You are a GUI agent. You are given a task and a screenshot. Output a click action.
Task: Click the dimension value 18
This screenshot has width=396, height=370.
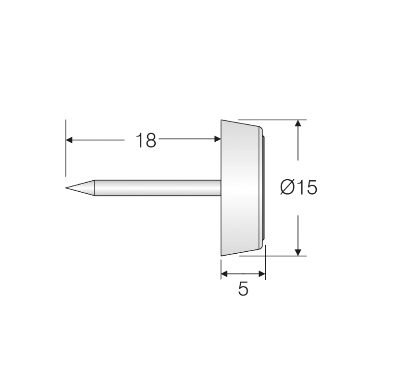click(146, 140)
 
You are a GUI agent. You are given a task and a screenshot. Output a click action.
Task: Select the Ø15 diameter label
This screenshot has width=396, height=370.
click(298, 187)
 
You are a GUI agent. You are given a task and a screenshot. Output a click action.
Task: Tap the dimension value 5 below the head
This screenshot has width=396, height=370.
click(243, 289)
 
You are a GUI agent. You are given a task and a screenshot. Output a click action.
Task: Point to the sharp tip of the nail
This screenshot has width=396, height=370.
click(67, 187)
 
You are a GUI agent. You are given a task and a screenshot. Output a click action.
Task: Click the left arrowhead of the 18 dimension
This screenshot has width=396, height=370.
click(69, 140)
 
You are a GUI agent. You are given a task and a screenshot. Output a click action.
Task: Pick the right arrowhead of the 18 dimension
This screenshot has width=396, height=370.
click(217, 139)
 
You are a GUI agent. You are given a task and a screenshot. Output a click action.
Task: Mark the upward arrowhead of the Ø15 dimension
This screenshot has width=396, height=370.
click(298, 123)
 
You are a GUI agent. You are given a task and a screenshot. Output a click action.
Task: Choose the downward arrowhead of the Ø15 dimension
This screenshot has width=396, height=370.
click(298, 252)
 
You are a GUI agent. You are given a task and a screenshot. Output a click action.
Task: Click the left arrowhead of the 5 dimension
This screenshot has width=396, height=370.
click(224, 274)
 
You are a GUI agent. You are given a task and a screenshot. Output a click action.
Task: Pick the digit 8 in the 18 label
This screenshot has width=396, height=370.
click(151, 140)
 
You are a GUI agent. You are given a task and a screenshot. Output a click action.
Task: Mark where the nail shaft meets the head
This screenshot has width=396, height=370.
click(221, 187)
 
